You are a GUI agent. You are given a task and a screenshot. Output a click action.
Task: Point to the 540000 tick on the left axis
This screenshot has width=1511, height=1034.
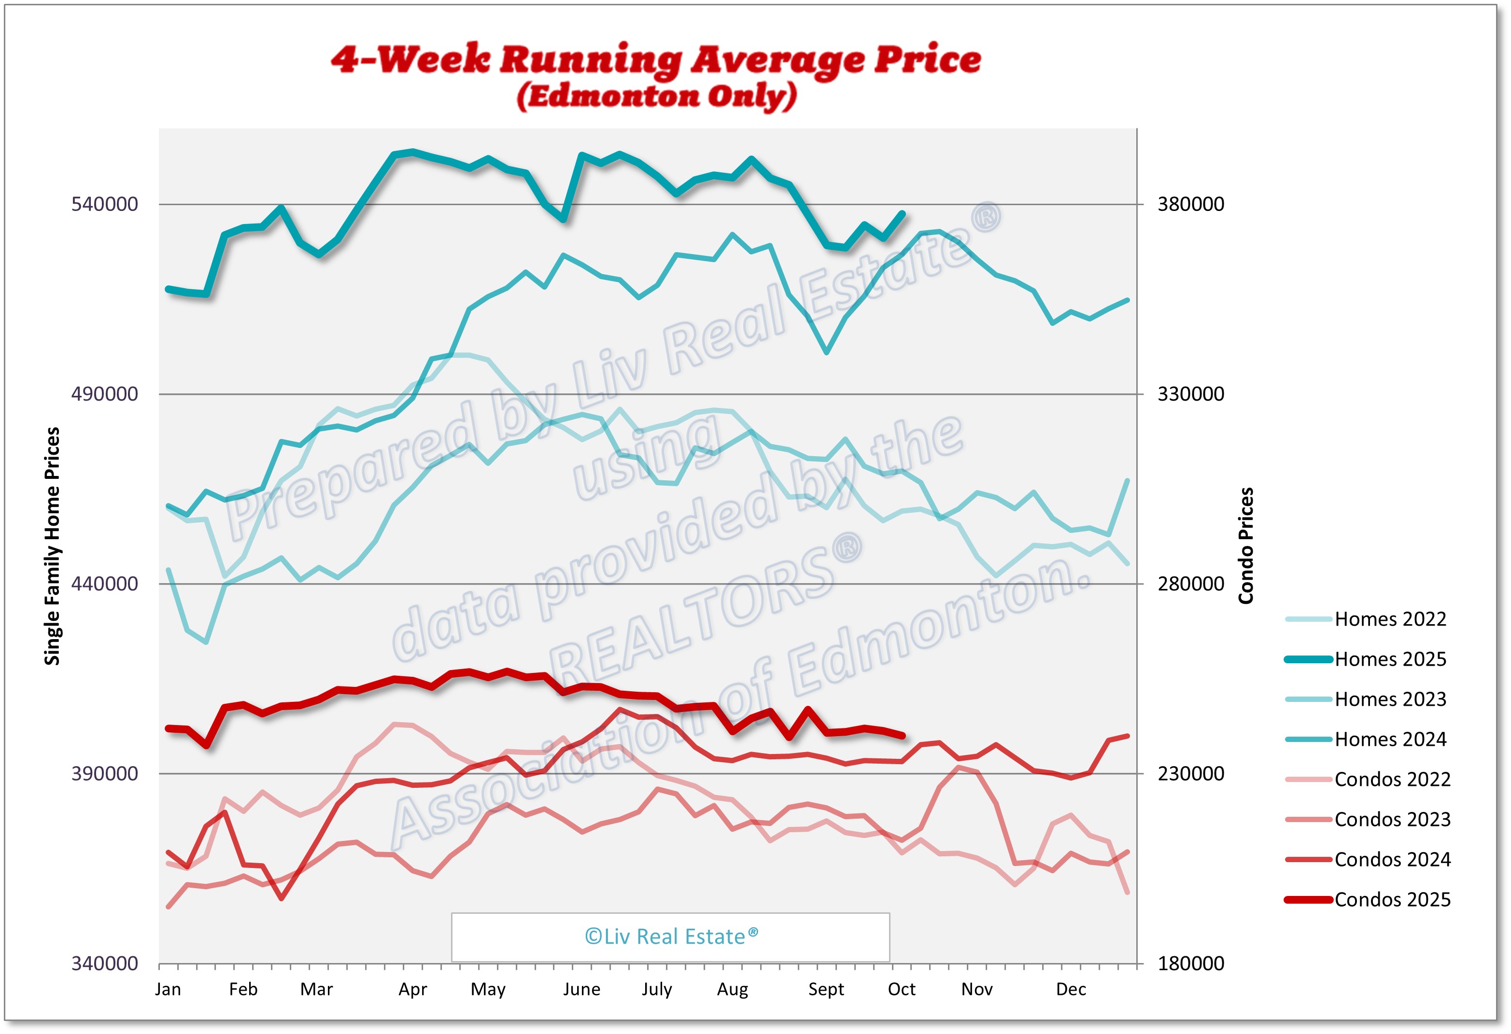(105, 204)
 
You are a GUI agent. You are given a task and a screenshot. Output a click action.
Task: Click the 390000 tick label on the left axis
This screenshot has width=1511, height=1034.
(105, 773)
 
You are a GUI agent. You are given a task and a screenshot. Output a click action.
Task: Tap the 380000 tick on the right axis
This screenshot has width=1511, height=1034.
(1190, 204)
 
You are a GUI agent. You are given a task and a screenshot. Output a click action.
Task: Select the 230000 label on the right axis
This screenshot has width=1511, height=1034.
(1190, 773)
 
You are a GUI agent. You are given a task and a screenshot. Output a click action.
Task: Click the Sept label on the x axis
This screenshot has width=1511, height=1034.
(826, 989)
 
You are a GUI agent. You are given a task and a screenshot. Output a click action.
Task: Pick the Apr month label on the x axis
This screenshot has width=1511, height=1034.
(413, 989)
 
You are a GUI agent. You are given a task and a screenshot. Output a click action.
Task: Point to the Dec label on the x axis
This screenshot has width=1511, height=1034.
(1071, 989)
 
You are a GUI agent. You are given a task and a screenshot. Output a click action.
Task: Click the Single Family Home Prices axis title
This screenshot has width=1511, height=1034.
(52, 546)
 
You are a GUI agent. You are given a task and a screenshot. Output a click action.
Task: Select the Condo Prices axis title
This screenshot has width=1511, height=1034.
(1245, 546)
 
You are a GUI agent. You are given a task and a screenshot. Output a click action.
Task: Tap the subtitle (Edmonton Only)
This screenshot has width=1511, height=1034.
(657, 96)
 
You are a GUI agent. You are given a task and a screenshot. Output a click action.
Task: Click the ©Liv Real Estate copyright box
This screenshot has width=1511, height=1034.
(670, 936)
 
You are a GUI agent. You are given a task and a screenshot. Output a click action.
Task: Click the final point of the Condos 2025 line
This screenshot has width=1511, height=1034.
(903, 736)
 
